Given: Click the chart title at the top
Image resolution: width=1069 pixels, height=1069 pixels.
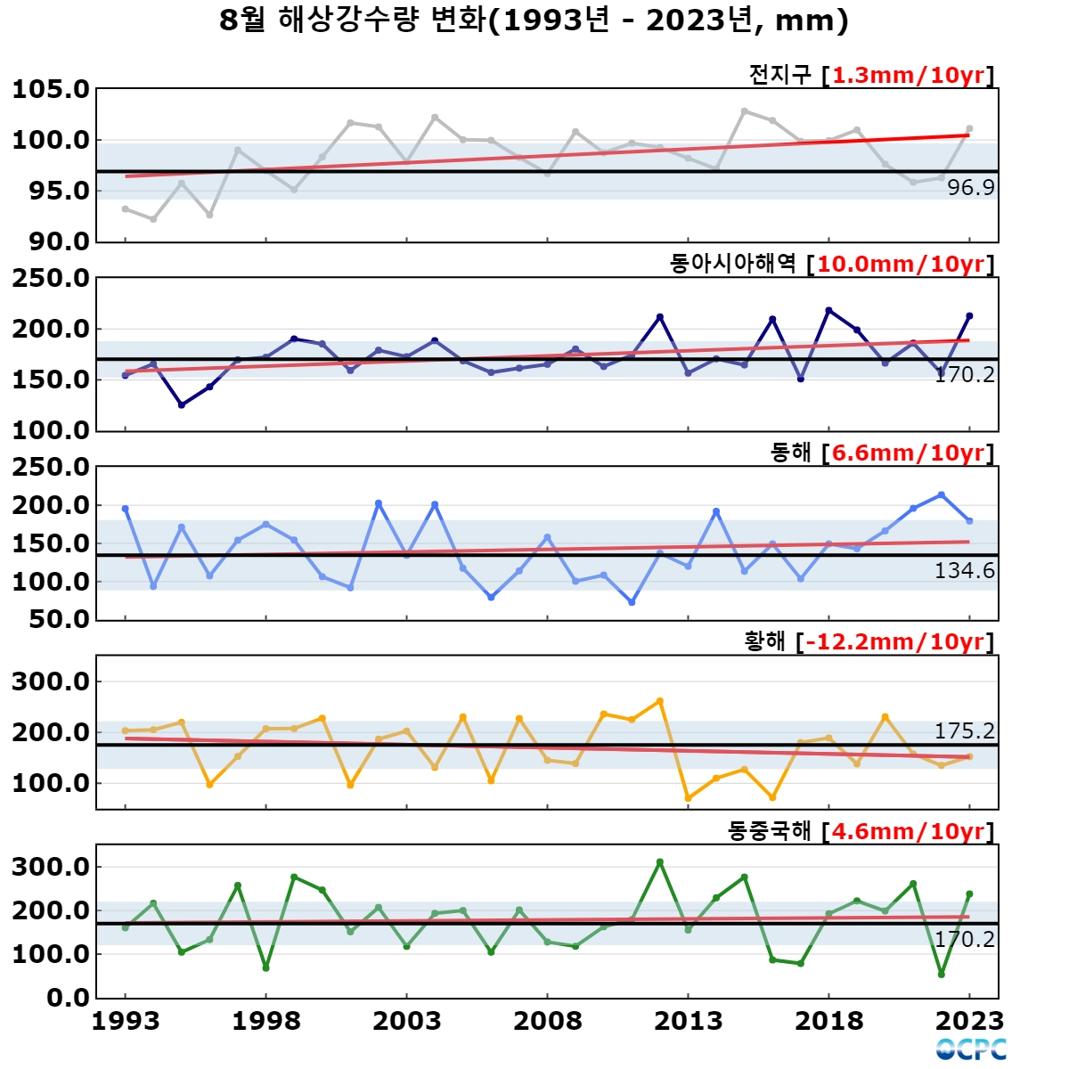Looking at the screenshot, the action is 534,21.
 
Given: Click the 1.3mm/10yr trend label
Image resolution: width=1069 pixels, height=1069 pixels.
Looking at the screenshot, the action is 909,75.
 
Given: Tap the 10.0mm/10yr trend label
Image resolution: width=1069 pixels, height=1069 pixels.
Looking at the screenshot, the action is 901,264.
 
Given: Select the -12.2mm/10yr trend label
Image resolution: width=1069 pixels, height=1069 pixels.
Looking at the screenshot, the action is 895,641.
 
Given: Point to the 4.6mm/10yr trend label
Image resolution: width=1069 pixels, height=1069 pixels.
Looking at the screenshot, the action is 909,831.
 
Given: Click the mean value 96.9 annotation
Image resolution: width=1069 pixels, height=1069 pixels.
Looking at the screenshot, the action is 971,188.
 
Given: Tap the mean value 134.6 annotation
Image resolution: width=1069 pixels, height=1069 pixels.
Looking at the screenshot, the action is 965,571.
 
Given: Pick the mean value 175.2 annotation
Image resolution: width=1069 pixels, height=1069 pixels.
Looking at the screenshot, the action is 965,731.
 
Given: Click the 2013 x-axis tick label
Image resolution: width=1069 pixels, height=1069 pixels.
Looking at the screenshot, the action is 689,1021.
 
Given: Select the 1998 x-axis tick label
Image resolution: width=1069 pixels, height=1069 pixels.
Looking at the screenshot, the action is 265,1021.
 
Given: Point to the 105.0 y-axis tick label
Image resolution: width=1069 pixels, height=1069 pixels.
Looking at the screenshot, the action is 51,89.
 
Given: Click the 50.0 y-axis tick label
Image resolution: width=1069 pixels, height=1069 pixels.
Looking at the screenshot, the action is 59,619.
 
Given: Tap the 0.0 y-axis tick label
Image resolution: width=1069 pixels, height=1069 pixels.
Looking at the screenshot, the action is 68,998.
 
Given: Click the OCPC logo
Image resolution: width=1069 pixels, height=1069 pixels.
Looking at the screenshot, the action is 971,1049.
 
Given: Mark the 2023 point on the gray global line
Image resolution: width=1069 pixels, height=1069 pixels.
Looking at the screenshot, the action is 970,128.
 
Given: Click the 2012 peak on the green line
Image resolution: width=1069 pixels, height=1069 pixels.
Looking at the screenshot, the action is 660,862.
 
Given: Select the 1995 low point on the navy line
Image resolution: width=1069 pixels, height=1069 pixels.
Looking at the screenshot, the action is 182,405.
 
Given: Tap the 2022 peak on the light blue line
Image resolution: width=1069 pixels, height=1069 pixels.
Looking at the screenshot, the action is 942,494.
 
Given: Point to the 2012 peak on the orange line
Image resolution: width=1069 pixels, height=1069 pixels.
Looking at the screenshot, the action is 660,701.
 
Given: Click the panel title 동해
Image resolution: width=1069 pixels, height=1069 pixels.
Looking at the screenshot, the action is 790,453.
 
